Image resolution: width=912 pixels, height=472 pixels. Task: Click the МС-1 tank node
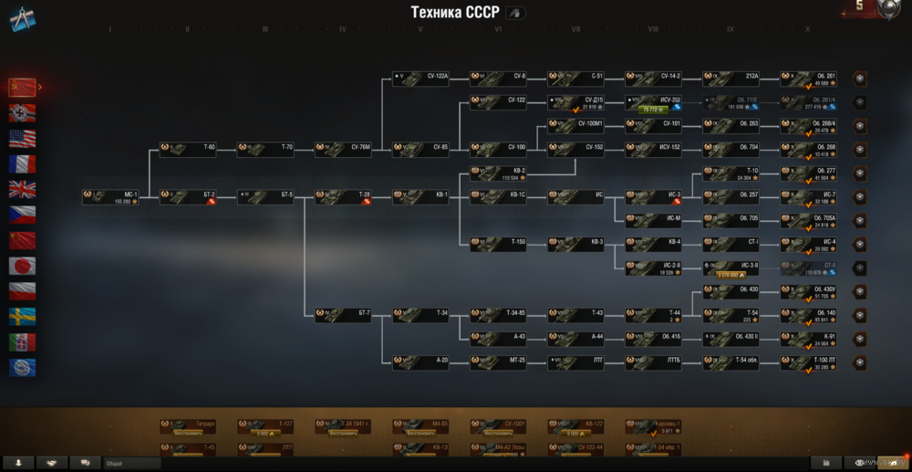pyautogui.click(x=111, y=196)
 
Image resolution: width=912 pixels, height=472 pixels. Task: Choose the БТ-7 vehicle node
pyautogui.click(x=344, y=315)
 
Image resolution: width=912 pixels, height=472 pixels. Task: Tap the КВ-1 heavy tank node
pyautogui.click(x=421, y=196)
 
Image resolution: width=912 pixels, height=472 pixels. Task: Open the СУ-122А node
pyautogui.click(x=421, y=79)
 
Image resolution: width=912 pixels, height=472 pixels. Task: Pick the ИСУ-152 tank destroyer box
pyautogui.click(x=654, y=149)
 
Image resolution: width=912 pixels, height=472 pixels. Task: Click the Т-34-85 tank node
pyautogui.click(x=499, y=315)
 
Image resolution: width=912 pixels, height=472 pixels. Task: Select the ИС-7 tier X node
pyautogui.click(x=809, y=196)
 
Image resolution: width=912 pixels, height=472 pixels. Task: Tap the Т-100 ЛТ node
pyautogui.click(x=809, y=362)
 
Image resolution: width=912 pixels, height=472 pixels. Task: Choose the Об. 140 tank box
pyautogui.click(x=809, y=315)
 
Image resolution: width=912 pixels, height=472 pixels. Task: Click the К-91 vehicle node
pyautogui.click(x=809, y=339)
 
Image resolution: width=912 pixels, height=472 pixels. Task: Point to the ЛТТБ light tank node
pyautogui.click(x=654, y=362)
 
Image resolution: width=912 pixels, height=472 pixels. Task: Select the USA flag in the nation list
pyautogui.click(x=22, y=139)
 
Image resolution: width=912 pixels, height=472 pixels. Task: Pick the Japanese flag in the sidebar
pyautogui.click(x=22, y=266)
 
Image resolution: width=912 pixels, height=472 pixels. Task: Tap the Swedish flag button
pyautogui.click(x=22, y=317)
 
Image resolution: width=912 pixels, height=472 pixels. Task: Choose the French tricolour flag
pyautogui.click(x=22, y=164)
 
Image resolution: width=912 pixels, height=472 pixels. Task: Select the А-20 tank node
pyautogui.click(x=421, y=362)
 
